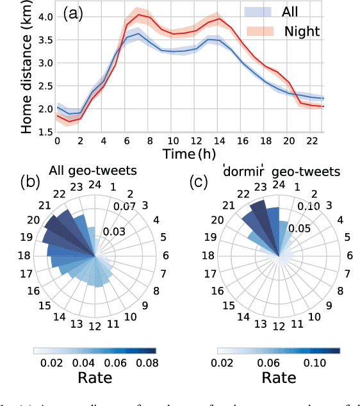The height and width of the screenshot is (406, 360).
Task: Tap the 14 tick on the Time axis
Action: [x=220, y=141]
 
